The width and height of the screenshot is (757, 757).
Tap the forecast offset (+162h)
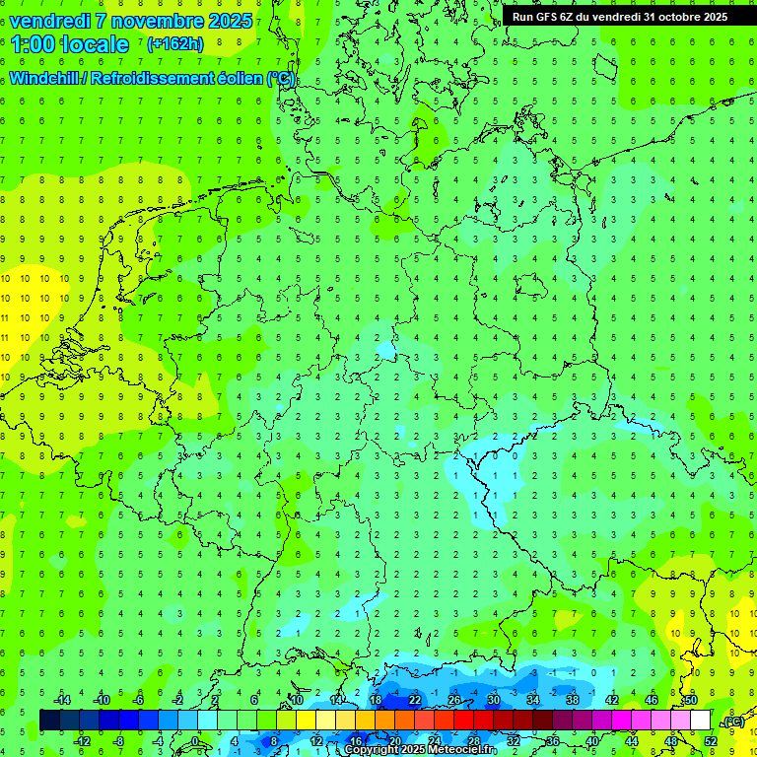pos(174,44)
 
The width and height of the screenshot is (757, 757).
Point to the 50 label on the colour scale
pos(691,700)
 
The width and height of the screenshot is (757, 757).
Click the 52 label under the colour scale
pos(710,741)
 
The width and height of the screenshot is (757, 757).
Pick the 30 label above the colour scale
pos(494,700)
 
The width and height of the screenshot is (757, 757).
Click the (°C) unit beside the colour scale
pos(733,723)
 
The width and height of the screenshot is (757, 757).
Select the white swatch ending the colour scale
pos(700,721)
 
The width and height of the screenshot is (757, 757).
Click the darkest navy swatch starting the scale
pos(49,721)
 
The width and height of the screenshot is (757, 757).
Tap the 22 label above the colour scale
pos(415,700)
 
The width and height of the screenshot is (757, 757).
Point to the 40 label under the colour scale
pos(591,741)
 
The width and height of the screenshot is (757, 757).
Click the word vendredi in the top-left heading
pos(49,21)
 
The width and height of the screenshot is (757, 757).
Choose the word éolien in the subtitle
pos(241,79)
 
